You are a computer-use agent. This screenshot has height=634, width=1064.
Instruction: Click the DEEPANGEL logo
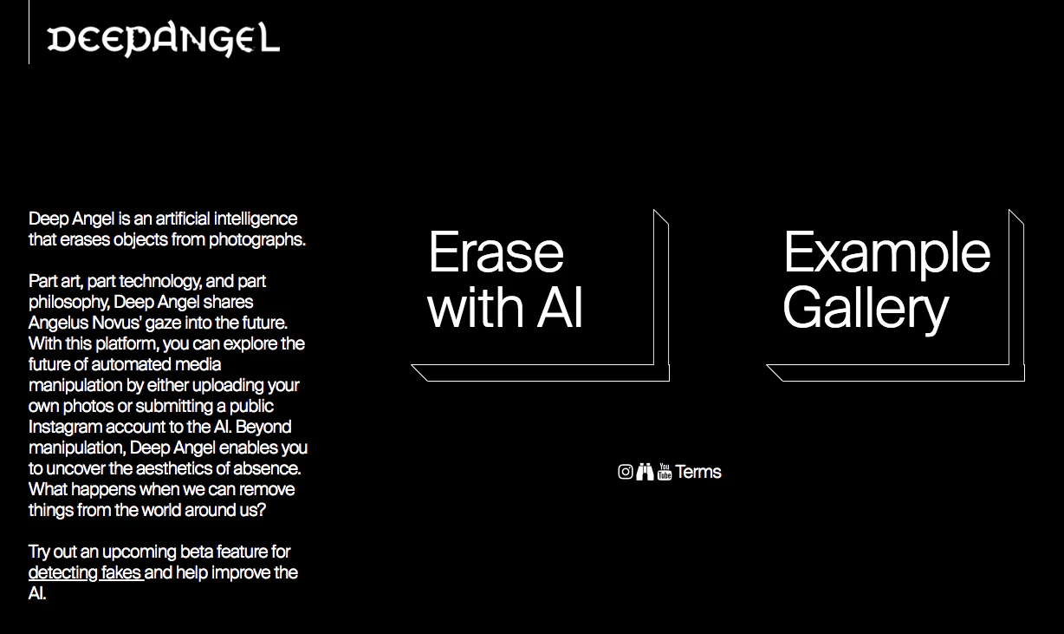tap(163, 40)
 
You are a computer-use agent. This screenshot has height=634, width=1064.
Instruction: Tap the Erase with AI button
tap(532, 287)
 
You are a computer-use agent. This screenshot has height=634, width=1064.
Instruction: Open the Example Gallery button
tap(887, 287)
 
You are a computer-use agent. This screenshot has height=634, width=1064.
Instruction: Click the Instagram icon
tap(626, 472)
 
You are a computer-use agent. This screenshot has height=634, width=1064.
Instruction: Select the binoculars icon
tap(645, 472)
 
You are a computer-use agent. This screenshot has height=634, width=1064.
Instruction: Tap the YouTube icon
tap(665, 472)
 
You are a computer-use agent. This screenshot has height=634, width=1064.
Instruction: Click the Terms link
tap(698, 472)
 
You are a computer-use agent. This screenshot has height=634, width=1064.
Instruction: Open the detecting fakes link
tap(85, 572)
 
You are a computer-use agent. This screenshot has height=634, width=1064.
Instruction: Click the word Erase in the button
tap(496, 252)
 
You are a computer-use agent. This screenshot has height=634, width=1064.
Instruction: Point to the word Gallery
tap(866, 308)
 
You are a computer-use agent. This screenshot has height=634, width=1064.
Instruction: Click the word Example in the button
tap(886, 252)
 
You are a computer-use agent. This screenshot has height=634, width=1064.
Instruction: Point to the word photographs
tap(256, 239)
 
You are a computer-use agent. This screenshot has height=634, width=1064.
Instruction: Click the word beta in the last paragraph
tap(198, 552)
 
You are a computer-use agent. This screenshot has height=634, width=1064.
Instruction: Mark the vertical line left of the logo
tap(29, 32)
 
